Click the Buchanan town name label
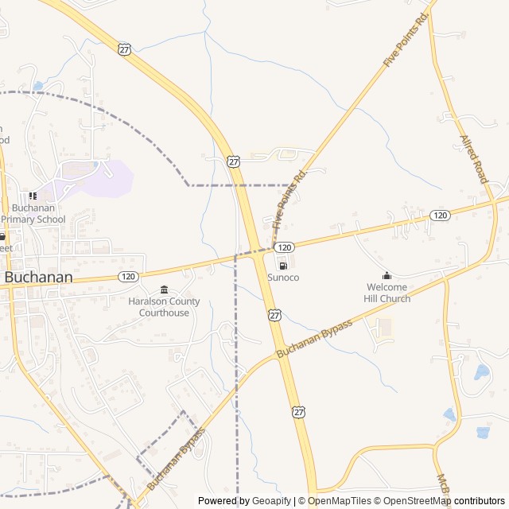click(x=38, y=278)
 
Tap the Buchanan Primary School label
click(x=33, y=214)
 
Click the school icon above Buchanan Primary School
click(x=33, y=196)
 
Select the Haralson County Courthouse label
click(x=164, y=307)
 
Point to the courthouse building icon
click(x=164, y=289)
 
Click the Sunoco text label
click(x=283, y=277)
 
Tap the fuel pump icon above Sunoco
click(x=283, y=265)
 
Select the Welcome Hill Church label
click(x=387, y=293)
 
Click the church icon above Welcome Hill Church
click(x=387, y=275)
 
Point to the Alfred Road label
click(x=473, y=159)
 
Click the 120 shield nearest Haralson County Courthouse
click(x=128, y=276)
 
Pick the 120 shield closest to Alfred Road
click(x=440, y=216)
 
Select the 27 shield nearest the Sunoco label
click(x=274, y=315)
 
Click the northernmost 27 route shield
click(x=124, y=49)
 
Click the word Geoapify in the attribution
click(x=272, y=501)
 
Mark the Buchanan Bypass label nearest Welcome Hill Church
click(x=314, y=338)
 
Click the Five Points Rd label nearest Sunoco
click(x=289, y=197)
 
